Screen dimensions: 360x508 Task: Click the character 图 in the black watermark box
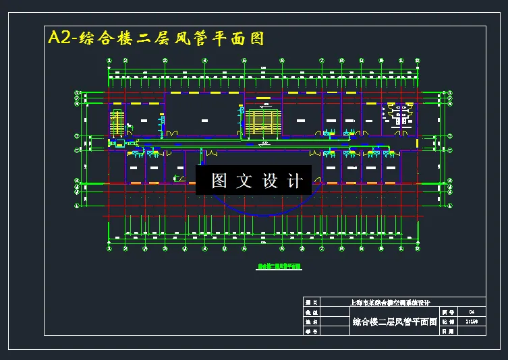(x=219, y=181)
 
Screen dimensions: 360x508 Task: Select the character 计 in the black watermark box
(x=295, y=181)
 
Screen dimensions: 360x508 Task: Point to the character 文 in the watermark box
(x=244, y=181)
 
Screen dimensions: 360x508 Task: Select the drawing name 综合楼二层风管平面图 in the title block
(x=395, y=322)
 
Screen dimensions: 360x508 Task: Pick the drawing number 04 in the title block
(x=472, y=312)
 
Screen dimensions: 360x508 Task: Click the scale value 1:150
(x=472, y=322)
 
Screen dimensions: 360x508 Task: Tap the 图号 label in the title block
(x=447, y=312)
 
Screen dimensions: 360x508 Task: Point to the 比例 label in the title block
(x=447, y=322)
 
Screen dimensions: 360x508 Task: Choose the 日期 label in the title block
(x=447, y=331)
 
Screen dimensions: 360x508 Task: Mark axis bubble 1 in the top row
(x=110, y=61)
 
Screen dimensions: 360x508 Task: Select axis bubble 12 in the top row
(x=418, y=61)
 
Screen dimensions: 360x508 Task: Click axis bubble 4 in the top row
(x=204, y=61)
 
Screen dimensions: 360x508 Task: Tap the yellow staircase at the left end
(x=117, y=123)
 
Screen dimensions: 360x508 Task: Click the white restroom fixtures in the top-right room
(x=402, y=115)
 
